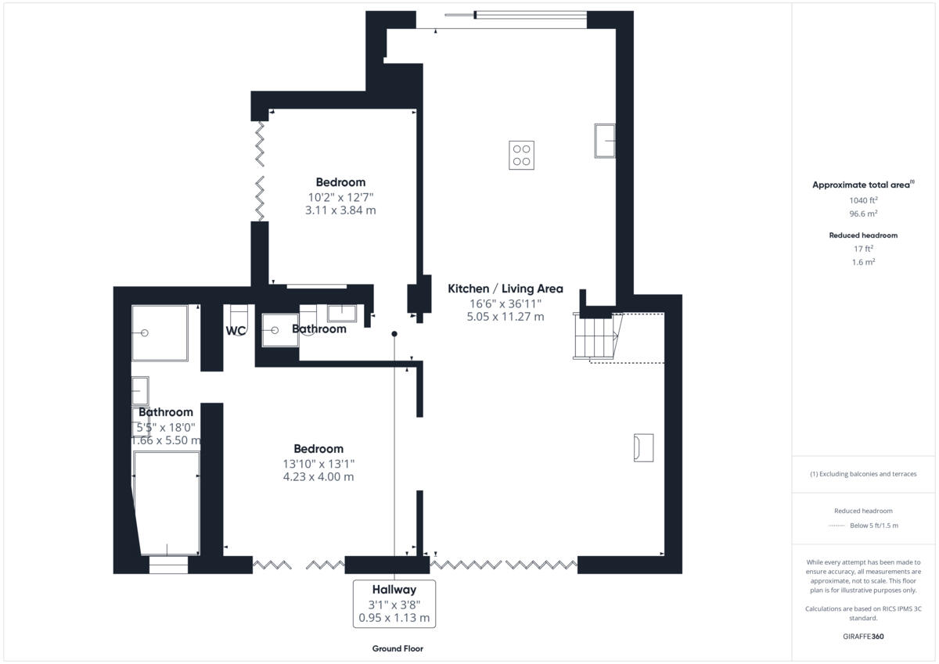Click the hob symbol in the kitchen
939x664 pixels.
click(x=522, y=155)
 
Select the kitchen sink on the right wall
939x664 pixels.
click(x=604, y=140)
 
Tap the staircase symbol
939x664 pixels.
click(x=595, y=336)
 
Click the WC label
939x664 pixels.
click(x=236, y=331)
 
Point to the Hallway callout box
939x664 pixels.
click(x=394, y=603)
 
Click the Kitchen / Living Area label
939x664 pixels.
click(x=505, y=289)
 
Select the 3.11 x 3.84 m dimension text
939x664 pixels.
click(x=340, y=210)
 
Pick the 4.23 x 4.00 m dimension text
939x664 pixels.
click(x=318, y=476)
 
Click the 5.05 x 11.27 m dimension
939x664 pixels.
click(x=505, y=317)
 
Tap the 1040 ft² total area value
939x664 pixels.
click(x=863, y=200)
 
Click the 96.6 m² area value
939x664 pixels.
click(x=863, y=213)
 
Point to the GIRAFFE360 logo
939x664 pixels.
click(x=863, y=637)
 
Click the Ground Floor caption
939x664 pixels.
click(x=398, y=648)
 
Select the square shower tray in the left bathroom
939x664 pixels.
click(x=160, y=333)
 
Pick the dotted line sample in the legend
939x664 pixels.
click(x=837, y=526)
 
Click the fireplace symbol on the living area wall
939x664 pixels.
click(x=643, y=447)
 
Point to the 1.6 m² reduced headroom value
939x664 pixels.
click(x=863, y=262)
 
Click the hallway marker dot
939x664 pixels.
click(x=394, y=334)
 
